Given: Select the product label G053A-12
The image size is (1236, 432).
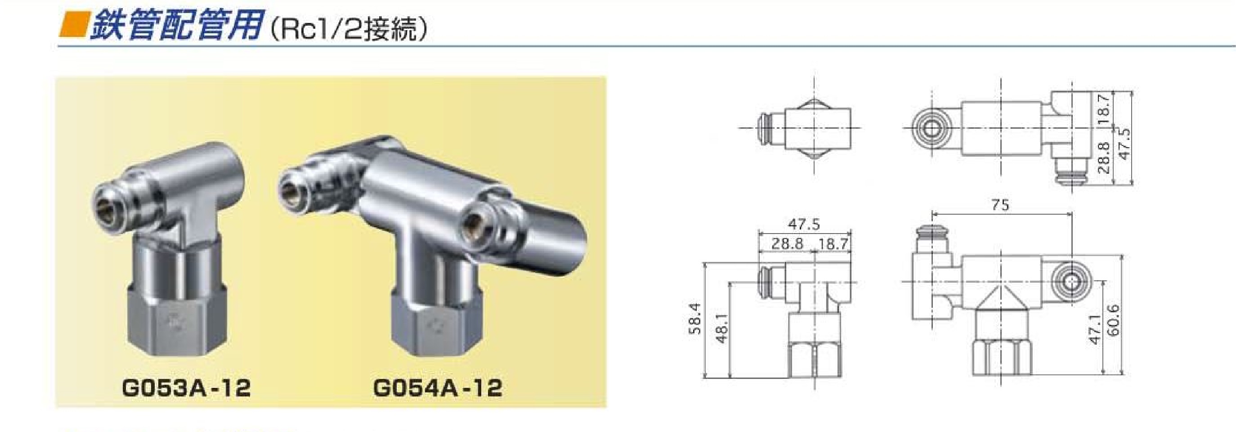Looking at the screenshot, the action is (x=187, y=388).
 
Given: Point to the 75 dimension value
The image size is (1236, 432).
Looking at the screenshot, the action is (x=1000, y=205).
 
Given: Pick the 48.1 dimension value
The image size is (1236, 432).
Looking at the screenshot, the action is (x=721, y=328).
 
